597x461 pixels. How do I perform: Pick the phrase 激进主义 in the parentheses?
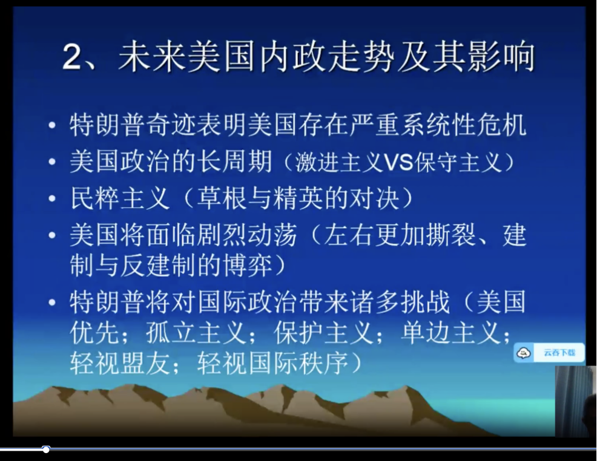[338, 162]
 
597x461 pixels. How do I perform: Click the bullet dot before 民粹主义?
[52, 198]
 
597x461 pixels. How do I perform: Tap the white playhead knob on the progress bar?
[46, 450]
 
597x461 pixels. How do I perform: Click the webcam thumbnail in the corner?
[576, 401]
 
